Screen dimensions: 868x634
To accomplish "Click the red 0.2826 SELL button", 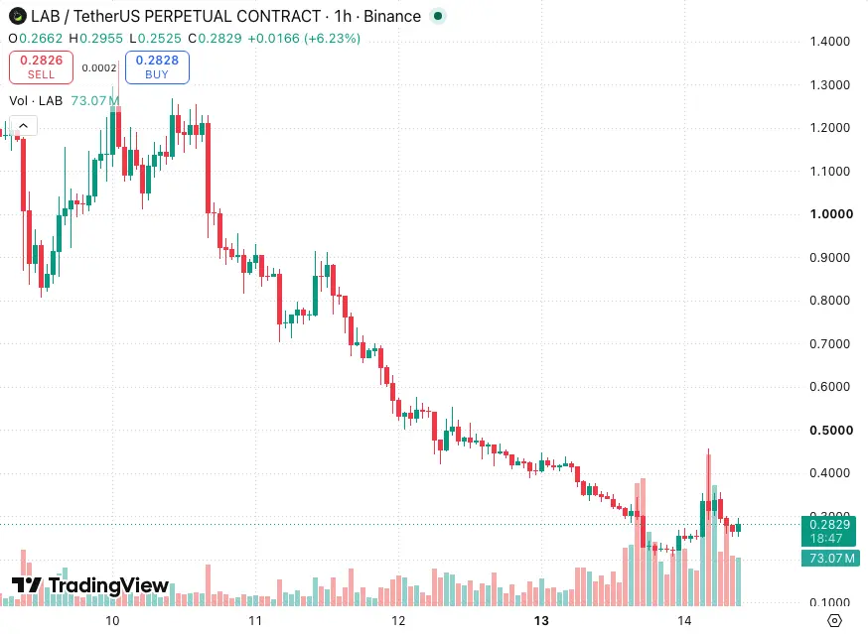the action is click(x=41, y=67).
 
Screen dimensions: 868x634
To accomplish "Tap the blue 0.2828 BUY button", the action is click(x=157, y=67).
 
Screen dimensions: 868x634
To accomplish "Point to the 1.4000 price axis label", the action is click(x=830, y=42).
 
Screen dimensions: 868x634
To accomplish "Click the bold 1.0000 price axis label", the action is click(x=831, y=214).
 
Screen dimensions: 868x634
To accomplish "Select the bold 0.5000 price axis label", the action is click(x=831, y=431).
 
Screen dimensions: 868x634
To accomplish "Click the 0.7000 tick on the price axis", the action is click(x=830, y=344).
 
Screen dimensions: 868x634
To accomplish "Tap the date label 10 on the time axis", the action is click(x=112, y=621).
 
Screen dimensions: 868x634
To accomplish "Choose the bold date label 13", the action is click(x=541, y=621).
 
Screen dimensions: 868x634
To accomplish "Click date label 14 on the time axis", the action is click(x=685, y=621).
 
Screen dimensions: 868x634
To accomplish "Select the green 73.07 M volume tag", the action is click(x=830, y=559).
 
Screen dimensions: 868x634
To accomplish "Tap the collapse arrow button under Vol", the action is click(x=23, y=126).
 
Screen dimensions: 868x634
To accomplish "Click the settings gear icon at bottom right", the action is click(x=835, y=621).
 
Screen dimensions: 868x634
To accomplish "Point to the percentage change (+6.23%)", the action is click(x=332, y=38).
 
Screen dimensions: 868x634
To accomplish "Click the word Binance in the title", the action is click(x=392, y=17).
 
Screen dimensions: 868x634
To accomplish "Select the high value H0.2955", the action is click(x=95, y=38).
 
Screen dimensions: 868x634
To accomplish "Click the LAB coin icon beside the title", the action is click(x=18, y=17).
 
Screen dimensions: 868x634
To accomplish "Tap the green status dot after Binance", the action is click(x=438, y=17).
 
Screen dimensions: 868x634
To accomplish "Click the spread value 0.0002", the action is click(x=99, y=68).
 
